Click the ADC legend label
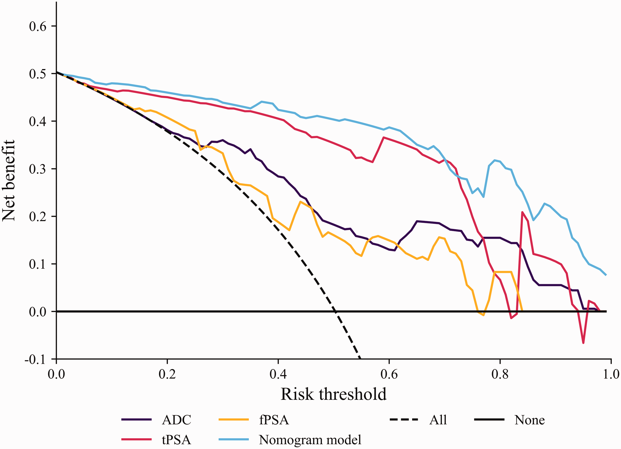pyautogui.click(x=176, y=420)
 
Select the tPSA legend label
pyautogui.click(x=176, y=440)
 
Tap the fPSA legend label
pyautogui.click(x=274, y=420)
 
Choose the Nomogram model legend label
pyautogui.click(x=310, y=440)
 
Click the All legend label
pyautogui.click(x=438, y=420)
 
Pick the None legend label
pyautogui.click(x=530, y=420)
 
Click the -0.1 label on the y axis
pyautogui.click(x=35, y=359)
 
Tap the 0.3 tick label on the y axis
pyautogui.click(x=38, y=169)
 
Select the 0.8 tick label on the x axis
pyautogui.click(x=500, y=374)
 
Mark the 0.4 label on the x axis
pyautogui.click(x=278, y=374)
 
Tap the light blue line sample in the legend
pyautogui.click(x=233, y=439)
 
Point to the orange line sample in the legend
pyautogui.click(x=233, y=419)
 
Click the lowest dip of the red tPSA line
pyautogui.click(x=583, y=343)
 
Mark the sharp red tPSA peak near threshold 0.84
pyautogui.click(x=522, y=212)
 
